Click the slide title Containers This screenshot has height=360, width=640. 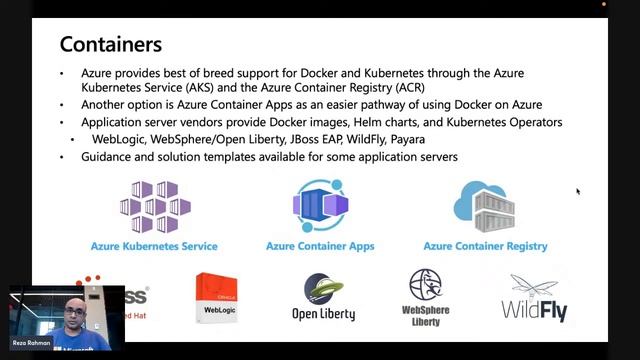(111, 44)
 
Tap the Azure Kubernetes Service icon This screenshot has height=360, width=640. (154, 207)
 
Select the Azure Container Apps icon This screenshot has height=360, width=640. (319, 206)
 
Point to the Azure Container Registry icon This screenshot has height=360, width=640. (485, 206)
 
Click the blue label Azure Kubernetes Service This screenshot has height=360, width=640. (154, 246)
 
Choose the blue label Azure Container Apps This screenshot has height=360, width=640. (319, 246)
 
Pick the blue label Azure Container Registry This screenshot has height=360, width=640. (485, 246)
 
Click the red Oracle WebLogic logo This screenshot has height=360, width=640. (220, 297)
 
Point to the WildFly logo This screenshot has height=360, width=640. (534, 297)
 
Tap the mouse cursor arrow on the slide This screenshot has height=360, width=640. (578, 191)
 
